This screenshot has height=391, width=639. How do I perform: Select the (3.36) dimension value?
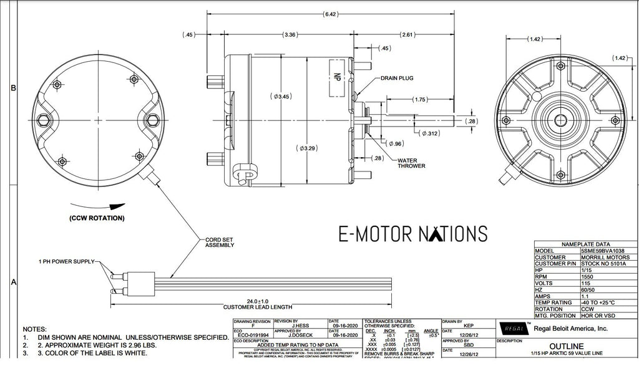pos(290,34)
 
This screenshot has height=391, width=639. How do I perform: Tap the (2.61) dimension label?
pos(407,34)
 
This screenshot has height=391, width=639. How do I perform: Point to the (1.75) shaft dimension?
pos(419,100)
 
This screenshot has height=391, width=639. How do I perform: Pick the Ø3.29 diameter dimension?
pos(307,148)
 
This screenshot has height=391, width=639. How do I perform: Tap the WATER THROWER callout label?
pos(412,163)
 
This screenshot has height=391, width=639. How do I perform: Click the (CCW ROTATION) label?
pos(97,218)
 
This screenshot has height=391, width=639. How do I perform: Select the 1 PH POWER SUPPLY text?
pos(66,262)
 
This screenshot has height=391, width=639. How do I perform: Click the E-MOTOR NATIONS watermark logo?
pos(412,233)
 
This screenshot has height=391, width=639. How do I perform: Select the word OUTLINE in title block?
pos(567,346)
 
